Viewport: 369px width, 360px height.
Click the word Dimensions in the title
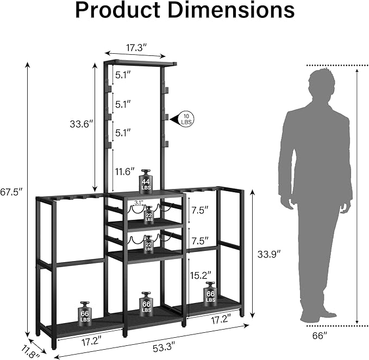tap(232, 10)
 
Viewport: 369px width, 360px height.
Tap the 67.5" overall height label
tap(11, 192)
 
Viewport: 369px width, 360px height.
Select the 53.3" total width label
tap(164, 348)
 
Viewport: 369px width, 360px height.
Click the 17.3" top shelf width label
tap(136, 48)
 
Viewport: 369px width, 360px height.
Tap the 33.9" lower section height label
tap(269, 254)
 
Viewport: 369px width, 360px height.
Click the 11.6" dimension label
tap(125, 172)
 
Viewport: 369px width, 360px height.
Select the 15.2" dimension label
tap(201, 275)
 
